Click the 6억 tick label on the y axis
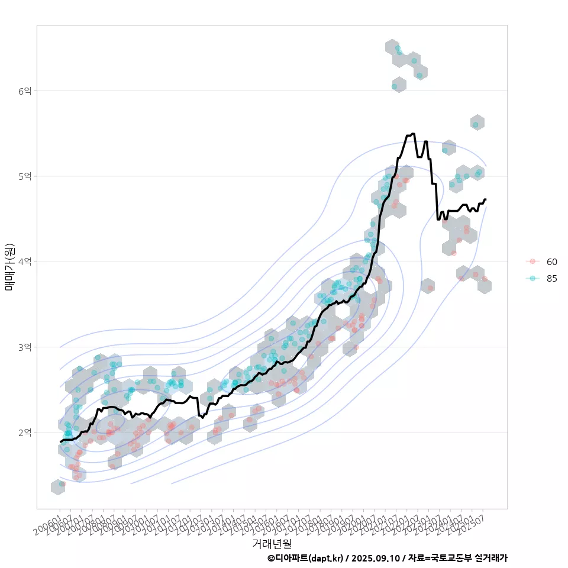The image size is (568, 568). [25, 91]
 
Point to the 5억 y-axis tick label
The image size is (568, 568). [25, 176]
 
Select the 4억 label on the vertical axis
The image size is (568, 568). [25, 262]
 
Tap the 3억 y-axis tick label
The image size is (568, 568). [25, 347]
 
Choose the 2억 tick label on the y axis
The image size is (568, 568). [25, 433]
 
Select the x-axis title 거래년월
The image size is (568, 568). [272, 543]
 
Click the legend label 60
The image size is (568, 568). [551, 262]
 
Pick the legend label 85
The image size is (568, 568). [551, 279]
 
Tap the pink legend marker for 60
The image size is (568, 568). [532, 262]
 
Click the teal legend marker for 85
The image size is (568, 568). [532, 279]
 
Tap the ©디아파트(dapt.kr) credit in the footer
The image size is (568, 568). [305, 558]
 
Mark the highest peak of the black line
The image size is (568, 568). [412, 134]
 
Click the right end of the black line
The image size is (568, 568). [485, 199]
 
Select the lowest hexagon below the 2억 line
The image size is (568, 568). [58, 487]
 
